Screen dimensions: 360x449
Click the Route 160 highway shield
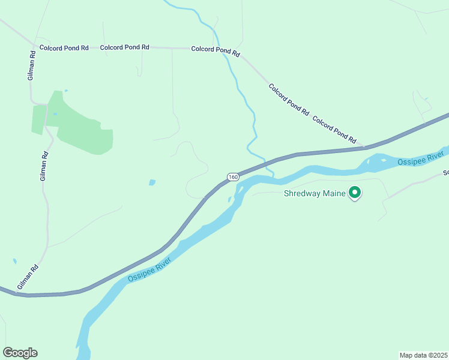click(234, 177)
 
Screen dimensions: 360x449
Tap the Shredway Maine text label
click(315, 193)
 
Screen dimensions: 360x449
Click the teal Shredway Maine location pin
click(355, 193)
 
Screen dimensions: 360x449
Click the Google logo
click(20, 353)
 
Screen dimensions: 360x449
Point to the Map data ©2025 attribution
click(424, 355)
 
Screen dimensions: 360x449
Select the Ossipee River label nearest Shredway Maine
click(421, 160)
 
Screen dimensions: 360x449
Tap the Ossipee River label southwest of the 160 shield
click(149, 269)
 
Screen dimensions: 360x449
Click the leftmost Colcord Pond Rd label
click(64, 47)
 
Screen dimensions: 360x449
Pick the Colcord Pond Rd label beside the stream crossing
click(215, 50)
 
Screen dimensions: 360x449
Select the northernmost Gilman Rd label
click(32, 65)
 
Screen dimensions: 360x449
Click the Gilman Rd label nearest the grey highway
click(28, 277)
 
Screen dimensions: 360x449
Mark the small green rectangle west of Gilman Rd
click(38, 120)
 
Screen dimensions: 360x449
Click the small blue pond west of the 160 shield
click(152, 182)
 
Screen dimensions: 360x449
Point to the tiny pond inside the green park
click(55, 113)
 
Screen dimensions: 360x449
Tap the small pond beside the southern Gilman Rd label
click(14, 262)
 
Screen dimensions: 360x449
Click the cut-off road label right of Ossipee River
click(445, 173)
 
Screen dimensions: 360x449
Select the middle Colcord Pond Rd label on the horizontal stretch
click(124, 47)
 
